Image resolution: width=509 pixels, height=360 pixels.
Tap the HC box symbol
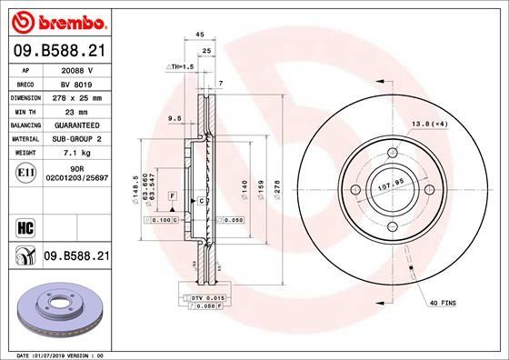(25, 225)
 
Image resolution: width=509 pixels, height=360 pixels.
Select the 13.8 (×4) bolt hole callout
(432, 123)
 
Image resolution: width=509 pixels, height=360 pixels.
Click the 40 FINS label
(444, 303)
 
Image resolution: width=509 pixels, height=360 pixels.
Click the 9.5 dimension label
(175, 117)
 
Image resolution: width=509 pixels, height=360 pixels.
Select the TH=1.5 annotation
(181, 67)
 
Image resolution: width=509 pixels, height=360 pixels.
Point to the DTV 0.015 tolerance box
(206, 300)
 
